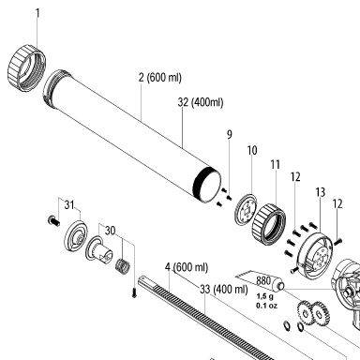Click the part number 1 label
point(37,14)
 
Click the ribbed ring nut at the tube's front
point(26,68)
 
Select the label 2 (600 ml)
point(160,78)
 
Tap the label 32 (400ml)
point(201,102)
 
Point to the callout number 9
point(230,135)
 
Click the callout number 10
point(252,150)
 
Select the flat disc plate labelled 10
point(246,209)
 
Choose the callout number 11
point(275,164)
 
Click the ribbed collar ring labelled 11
point(269,224)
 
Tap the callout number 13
point(321,192)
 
